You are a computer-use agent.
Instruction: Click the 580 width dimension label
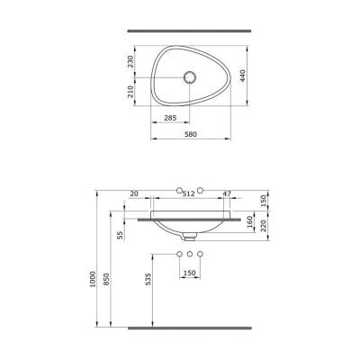coord(190,135)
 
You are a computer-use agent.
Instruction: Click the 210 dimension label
coord(131,91)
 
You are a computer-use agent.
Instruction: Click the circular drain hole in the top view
coord(190,77)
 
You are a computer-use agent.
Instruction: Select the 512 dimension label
coord(189,193)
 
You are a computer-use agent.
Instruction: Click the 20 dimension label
coord(134,193)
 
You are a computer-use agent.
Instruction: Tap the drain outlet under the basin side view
coord(190,238)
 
